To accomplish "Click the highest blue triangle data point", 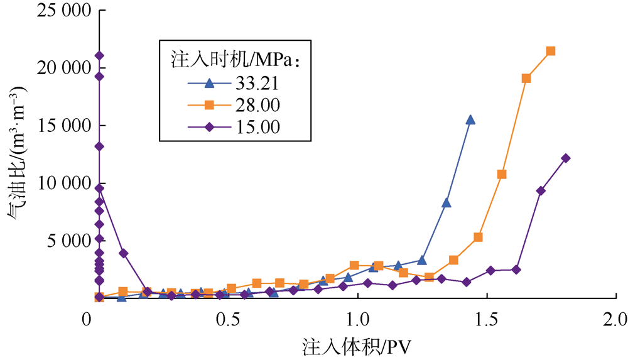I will [470, 119].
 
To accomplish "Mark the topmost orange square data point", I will [551, 51].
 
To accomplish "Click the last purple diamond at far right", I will [566, 158].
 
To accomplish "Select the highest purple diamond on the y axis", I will [99, 56].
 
